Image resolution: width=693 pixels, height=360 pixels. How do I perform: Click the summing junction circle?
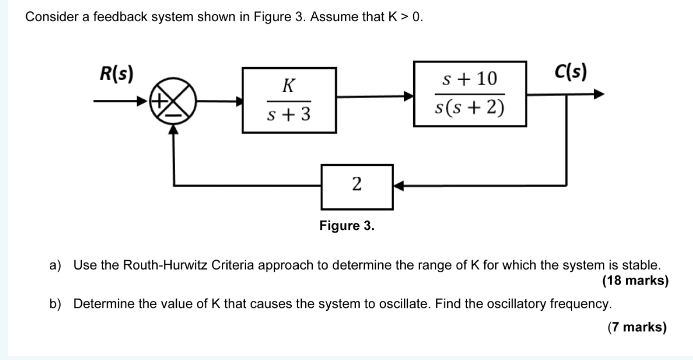tap(173, 101)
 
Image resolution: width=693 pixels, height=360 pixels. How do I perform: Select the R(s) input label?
tap(117, 73)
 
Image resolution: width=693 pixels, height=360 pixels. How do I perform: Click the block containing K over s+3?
tap(289, 100)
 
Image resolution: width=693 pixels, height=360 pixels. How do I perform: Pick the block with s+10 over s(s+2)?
tap(470, 94)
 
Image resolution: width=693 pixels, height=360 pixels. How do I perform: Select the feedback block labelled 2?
tap(357, 187)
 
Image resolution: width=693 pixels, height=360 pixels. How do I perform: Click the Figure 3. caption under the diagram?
tap(347, 225)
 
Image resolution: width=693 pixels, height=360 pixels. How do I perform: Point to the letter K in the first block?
tap(289, 85)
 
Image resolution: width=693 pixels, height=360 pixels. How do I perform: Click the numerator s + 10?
tap(470, 79)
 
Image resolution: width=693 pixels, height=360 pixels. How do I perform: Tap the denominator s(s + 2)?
tap(470, 108)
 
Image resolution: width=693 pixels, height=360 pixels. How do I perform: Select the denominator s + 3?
tap(289, 115)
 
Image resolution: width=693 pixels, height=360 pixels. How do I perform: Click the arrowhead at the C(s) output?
tap(599, 94)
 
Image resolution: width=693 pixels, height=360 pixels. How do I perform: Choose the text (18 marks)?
tap(635, 281)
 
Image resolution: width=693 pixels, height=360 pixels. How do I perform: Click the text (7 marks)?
tap(637, 327)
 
